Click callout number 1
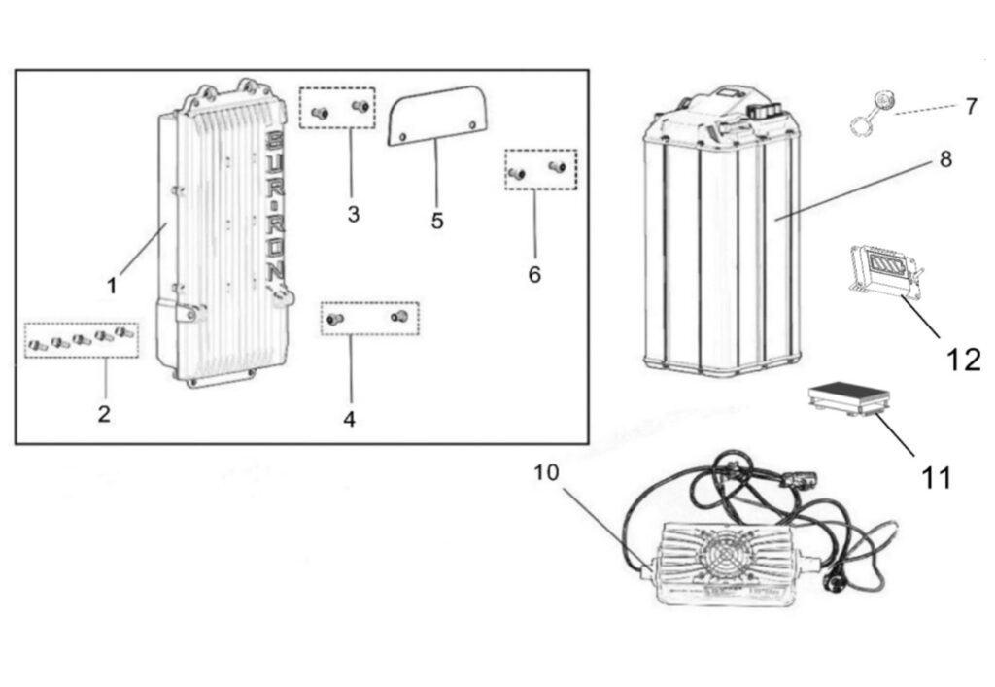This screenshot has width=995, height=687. point(112,286)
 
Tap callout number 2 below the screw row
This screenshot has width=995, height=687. point(104,414)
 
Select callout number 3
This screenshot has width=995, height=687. point(353,214)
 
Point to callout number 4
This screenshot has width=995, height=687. point(350,419)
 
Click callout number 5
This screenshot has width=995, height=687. point(437,221)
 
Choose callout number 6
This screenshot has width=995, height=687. point(534,274)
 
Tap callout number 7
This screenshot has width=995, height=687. point(971,107)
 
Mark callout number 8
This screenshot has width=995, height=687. point(945,160)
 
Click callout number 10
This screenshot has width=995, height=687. point(547,473)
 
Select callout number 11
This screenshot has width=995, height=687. point(937,477)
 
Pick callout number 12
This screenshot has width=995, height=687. point(964,360)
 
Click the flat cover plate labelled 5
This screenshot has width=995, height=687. point(436,115)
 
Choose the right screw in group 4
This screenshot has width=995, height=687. point(397,317)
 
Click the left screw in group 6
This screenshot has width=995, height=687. point(518,173)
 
